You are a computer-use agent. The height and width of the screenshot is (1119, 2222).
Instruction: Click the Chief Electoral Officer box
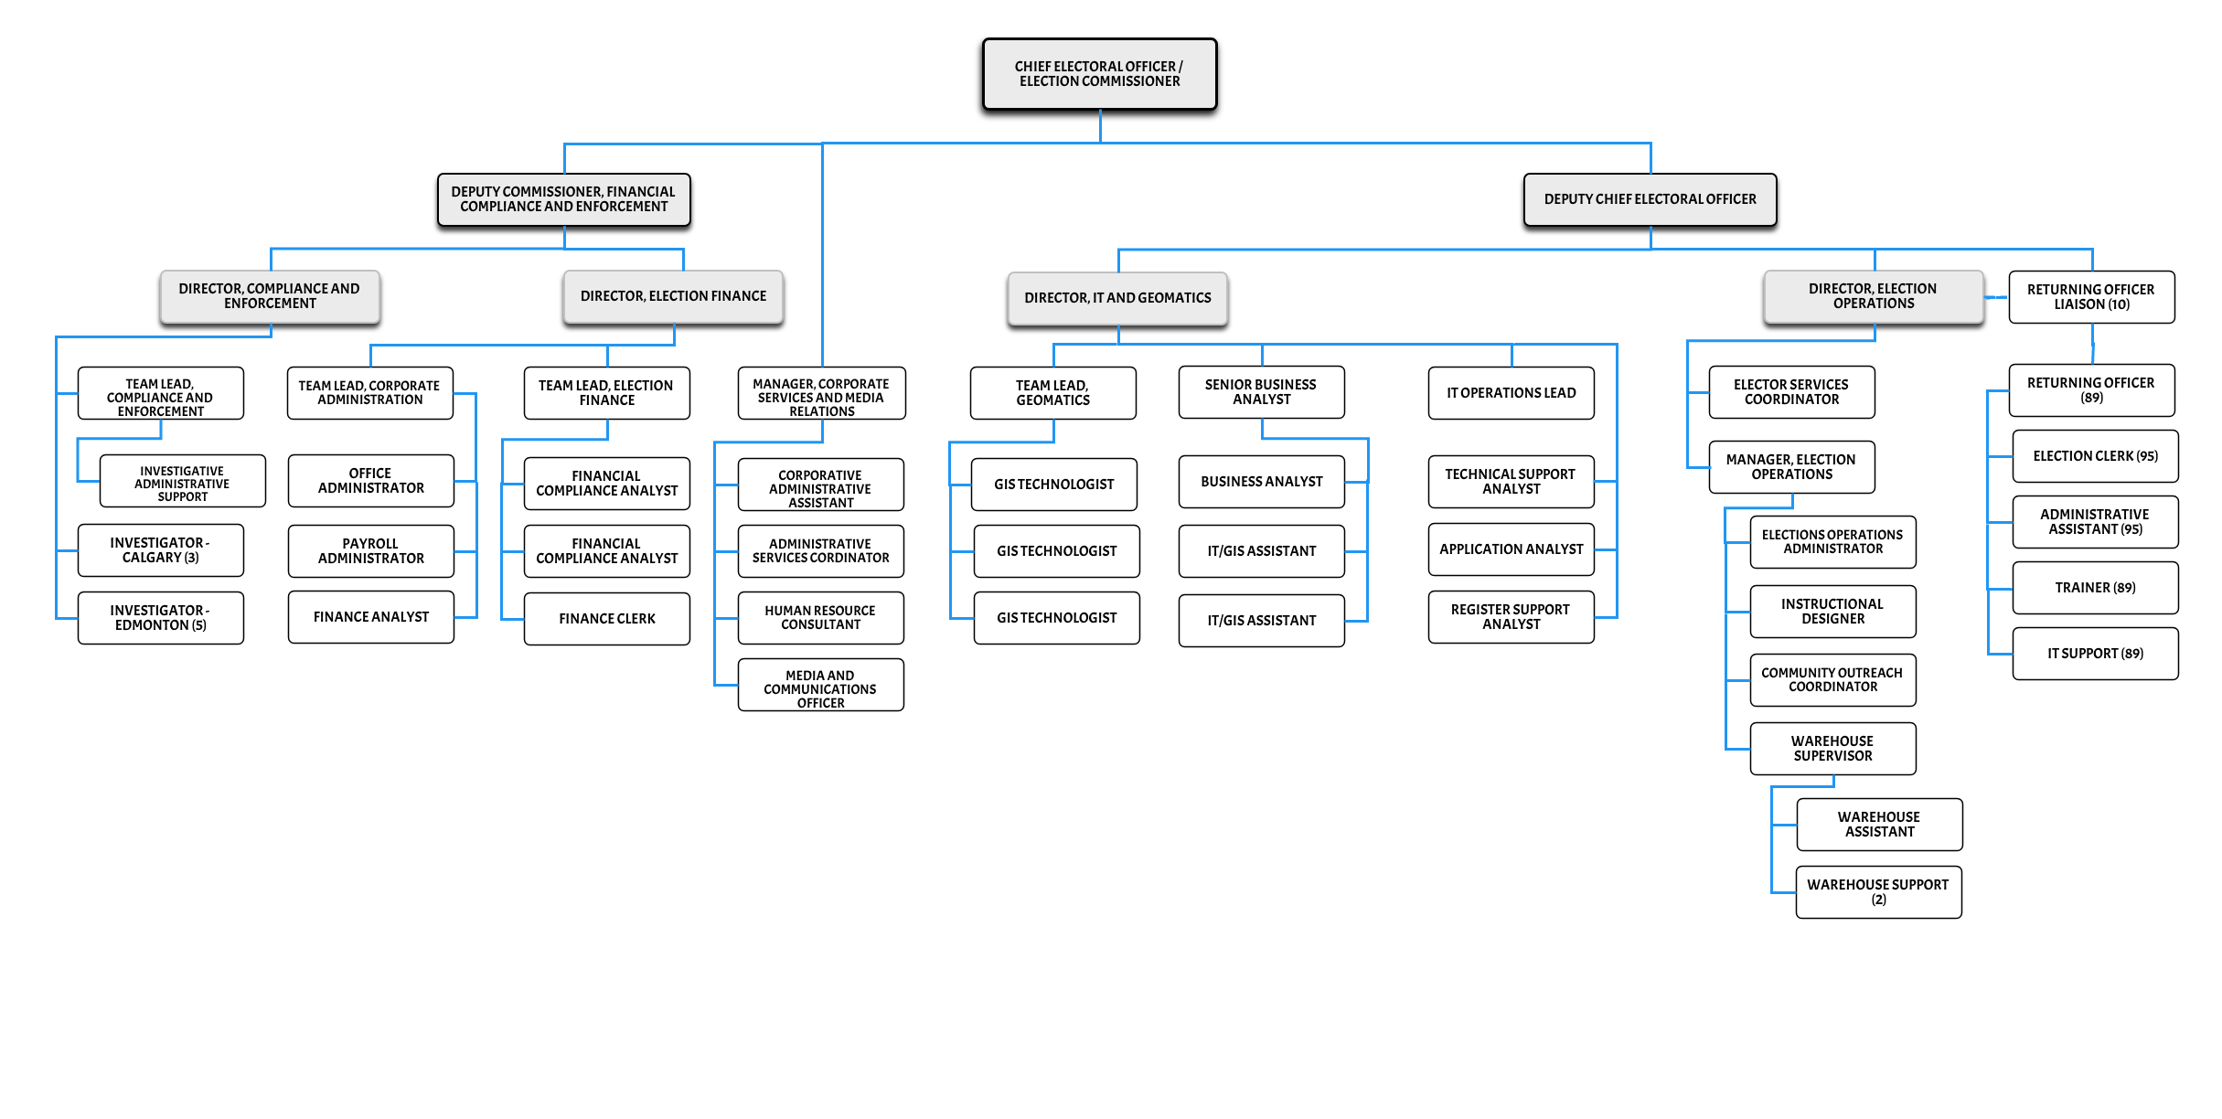(x=1099, y=74)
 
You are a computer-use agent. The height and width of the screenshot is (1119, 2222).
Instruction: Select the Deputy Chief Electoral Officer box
(x=1650, y=199)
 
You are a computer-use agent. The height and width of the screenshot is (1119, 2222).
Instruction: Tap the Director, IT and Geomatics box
(x=1117, y=298)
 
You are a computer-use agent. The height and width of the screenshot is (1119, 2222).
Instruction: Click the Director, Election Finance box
(x=673, y=296)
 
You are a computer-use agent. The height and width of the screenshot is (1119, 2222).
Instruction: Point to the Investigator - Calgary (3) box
(x=161, y=550)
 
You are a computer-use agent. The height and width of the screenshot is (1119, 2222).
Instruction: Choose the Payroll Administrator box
(x=371, y=551)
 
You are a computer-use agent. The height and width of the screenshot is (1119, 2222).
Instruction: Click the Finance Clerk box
(x=607, y=619)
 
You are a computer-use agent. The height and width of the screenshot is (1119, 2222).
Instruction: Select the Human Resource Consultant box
(x=821, y=618)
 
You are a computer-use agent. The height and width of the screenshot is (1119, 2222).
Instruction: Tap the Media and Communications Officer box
(x=821, y=685)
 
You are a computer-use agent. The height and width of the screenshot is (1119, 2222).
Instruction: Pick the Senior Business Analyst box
(x=1262, y=392)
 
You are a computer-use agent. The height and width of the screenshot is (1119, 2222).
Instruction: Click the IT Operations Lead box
(x=1512, y=393)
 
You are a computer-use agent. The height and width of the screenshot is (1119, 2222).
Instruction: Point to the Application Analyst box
(x=1512, y=549)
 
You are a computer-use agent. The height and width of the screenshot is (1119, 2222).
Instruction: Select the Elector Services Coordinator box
(x=1792, y=392)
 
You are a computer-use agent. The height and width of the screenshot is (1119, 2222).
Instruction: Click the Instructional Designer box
(x=1833, y=612)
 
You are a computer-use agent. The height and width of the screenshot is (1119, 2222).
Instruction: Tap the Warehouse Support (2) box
(x=1879, y=892)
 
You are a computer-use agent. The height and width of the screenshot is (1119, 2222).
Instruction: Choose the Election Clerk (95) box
(x=2096, y=456)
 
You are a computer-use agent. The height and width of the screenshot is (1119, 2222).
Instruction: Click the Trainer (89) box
(x=2096, y=588)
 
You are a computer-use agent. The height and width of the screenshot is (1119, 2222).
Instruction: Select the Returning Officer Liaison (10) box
(x=2092, y=297)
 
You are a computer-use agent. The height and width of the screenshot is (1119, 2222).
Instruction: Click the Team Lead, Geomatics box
(x=1053, y=393)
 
